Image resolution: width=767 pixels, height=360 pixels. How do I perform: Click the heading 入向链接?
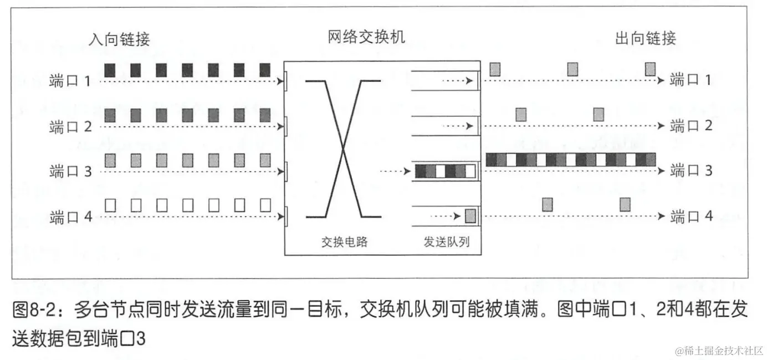(x=120, y=39)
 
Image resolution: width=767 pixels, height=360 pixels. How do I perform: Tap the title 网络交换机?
(x=366, y=37)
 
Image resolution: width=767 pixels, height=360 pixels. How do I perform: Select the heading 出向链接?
(x=646, y=39)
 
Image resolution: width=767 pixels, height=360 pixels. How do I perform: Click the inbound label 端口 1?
(x=70, y=81)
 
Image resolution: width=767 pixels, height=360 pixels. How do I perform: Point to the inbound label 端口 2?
(x=70, y=127)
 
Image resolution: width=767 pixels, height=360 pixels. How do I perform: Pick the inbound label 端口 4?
(x=70, y=218)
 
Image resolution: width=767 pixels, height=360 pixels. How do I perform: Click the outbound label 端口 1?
(x=691, y=80)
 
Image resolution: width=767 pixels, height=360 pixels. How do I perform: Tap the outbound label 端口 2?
(x=691, y=126)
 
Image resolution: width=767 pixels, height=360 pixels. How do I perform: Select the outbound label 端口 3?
(x=691, y=171)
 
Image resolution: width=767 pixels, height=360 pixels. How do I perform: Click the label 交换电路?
(x=345, y=242)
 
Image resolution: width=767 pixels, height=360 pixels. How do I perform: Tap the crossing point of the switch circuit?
(x=344, y=148)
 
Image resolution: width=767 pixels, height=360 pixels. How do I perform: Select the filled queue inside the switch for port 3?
(x=445, y=171)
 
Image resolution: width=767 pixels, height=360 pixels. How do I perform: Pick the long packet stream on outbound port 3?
(x=570, y=160)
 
